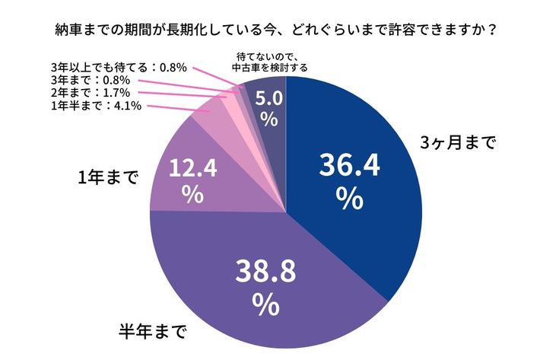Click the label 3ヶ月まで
[x=458, y=142]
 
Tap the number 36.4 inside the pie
[x=348, y=165]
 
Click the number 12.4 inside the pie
[x=193, y=167]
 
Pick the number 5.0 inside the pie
[x=268, y=97]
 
